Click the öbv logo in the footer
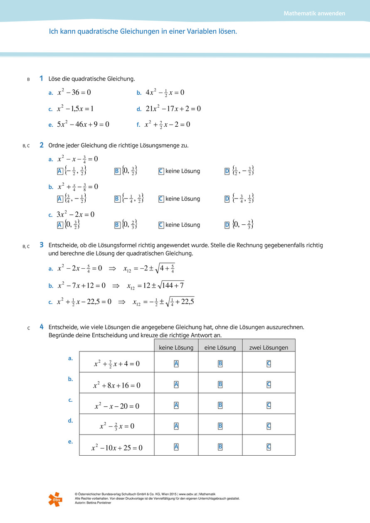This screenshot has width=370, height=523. [x=55, y=498]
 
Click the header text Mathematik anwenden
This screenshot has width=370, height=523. [x=314, y=13]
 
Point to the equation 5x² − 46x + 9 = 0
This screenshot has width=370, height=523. [x=83, y=124]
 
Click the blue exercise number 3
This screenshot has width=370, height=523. [x=42, y=245]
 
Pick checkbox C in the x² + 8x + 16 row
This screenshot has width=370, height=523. [x=269, y=384]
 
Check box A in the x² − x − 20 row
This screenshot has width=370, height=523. [x=176, y=405]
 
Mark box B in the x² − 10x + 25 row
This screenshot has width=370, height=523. [x=220, y=447]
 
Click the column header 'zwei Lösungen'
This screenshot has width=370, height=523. [x=269, y=348]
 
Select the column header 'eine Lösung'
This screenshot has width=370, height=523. [x=220, y=348]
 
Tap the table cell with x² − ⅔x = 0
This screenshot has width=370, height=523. [x=117, y=426]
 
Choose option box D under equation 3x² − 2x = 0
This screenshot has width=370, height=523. [x=227, y=225]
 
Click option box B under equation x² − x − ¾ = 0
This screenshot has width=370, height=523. [x=117, y=171]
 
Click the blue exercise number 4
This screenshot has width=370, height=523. [x=42, y=327]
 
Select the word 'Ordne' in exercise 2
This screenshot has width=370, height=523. [x=57, y=145]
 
